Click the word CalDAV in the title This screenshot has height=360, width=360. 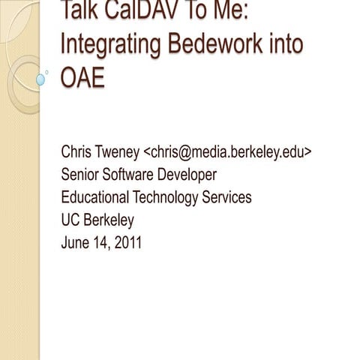click(x=136, y=11)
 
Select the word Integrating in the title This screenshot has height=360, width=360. click(x=105, y=44)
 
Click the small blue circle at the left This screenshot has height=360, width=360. click(x=40, y=78)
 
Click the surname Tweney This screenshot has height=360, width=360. click(x=120, y=152)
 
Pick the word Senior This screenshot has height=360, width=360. click(x=81, y=175)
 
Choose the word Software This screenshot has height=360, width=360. click(x=133, y=175)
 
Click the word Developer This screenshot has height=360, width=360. click(x=190, y=175)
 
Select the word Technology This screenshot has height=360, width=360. click(x=166, y=198)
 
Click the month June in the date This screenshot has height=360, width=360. click(x=76, y=242)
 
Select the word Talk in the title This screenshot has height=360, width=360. click(x=80, y=11)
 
